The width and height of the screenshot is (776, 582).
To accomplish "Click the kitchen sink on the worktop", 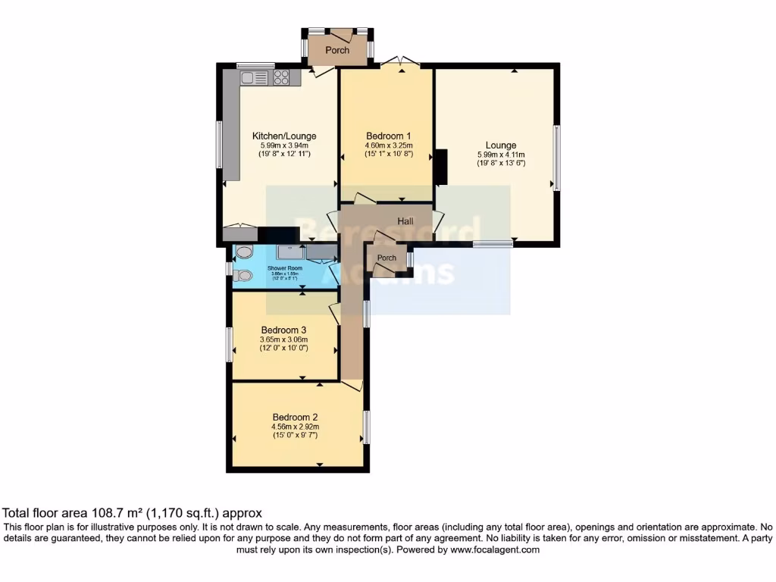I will coord(251,77).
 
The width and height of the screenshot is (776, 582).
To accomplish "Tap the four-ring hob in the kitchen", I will coord(281,77).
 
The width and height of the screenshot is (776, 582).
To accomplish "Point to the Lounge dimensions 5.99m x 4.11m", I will coord(501,154).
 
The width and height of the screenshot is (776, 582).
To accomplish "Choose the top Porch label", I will coord(337,50).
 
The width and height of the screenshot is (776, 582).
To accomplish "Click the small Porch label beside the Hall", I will coord(386,258).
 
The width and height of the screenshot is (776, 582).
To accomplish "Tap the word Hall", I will coord(405,221).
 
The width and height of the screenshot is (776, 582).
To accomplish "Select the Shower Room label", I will coord(285,268).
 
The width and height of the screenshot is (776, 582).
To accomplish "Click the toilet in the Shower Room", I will coord(242,275).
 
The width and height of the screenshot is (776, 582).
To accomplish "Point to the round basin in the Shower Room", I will coord(243,253).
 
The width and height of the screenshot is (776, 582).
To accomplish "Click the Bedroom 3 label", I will coord(283,330).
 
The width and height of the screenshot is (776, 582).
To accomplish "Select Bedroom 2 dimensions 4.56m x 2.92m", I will coord(295,427).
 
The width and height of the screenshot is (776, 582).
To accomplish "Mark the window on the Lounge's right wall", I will coord(555,158).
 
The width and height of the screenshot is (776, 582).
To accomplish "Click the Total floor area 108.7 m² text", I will coord(133,513).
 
